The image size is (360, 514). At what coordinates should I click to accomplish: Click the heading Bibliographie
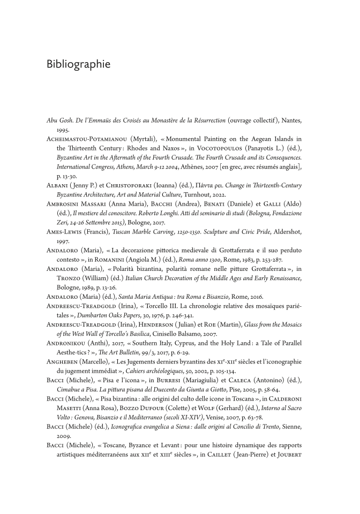point(79,64)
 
